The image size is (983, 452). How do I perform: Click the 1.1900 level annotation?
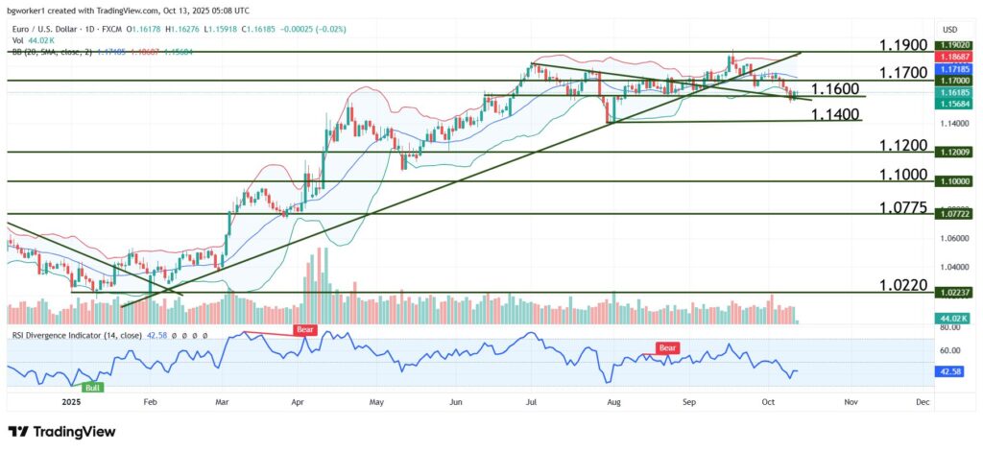[x=903, y=45]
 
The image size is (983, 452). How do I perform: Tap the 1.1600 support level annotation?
[x=834, y=88]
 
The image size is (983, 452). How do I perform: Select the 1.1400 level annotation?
[x=834, y=113]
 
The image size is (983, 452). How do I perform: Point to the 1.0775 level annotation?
[x=903, y=207]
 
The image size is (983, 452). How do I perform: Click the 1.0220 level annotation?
[x=903, y=285]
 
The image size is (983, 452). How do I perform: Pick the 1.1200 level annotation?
[x=903, y=145]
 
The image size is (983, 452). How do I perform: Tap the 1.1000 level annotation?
[x=903, y=175]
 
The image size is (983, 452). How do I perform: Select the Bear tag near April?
[x=305, y=329]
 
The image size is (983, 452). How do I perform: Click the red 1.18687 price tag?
[x=952, y=59]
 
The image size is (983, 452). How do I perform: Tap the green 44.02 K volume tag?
[x=952, y=318]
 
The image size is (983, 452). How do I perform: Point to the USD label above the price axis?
[x=951, y=29]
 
